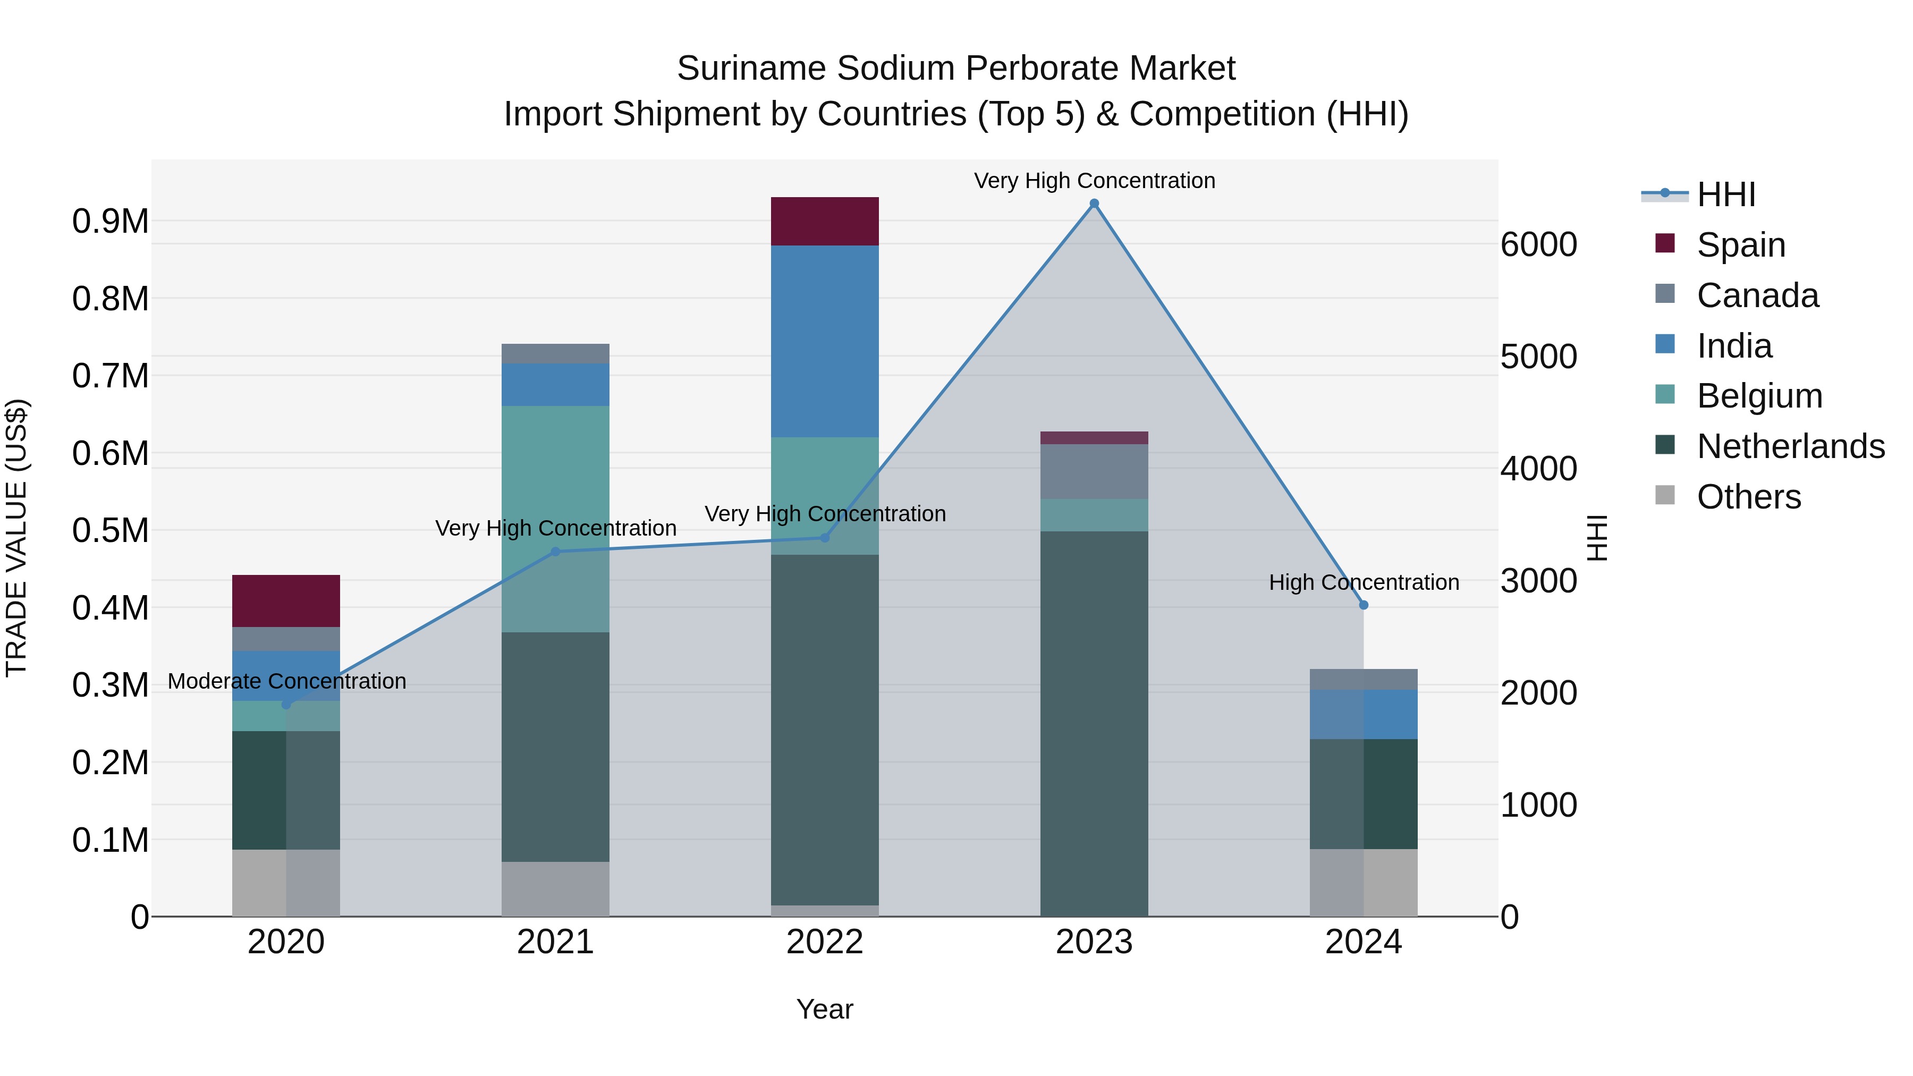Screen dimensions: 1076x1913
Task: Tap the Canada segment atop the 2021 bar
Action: (x=555, y=353)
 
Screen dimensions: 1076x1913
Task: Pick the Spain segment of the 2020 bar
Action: (x=286, y=601)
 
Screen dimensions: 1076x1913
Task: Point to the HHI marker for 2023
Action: (x=1094, y=204)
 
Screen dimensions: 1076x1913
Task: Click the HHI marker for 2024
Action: (x=1364, y=605)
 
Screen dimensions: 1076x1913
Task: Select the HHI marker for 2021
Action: (x=555, y=552)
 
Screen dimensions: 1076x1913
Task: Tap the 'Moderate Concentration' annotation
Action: (x=286, y=681)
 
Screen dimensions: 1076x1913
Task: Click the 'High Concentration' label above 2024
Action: (x=1364, y=582)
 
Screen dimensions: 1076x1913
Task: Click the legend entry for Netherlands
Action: (x=1790, y=446)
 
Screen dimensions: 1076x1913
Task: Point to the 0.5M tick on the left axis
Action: (x=110, y=530)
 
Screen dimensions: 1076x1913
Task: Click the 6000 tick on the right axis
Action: (x=1539, y=244)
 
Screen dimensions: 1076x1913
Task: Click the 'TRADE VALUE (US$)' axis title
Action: (x=16, y=538)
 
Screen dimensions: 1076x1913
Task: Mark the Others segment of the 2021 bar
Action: (x=555, y=889)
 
